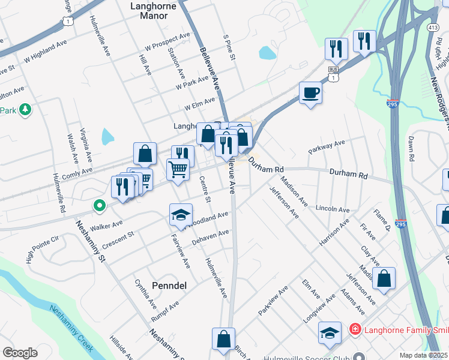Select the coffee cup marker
310,93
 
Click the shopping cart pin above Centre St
178,170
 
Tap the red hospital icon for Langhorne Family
355,329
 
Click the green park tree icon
25,110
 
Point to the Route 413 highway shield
434,28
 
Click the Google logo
20,353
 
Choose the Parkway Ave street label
327,147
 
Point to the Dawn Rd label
412,148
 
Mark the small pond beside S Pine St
267,53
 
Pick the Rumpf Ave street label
166,310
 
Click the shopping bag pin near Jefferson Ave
384,278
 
